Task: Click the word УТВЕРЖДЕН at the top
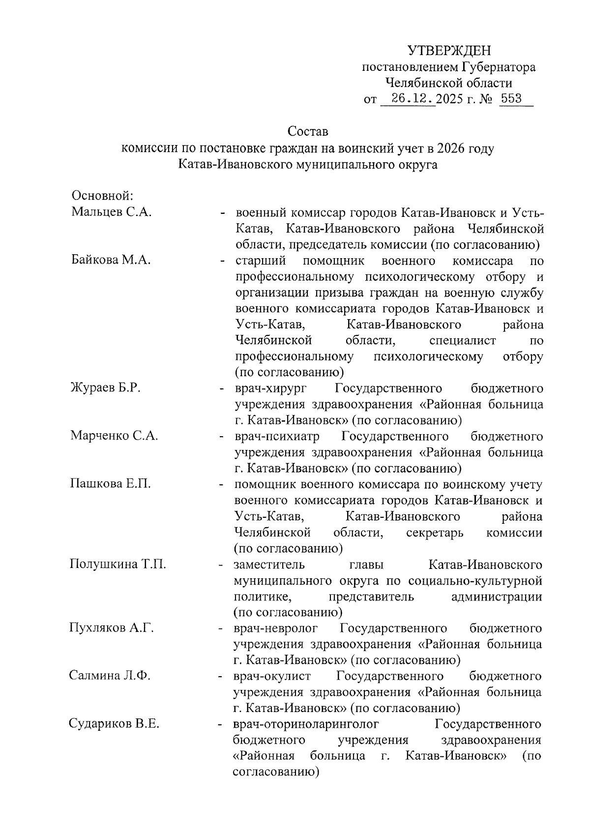tap(449, 51)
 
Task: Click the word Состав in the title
tap(307, 132)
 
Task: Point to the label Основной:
tap(102, 196)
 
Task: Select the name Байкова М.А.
tap(111, 260)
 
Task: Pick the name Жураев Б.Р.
tap(106, 388)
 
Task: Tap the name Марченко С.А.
tap(114, 436)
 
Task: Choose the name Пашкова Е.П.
tap(111, 484)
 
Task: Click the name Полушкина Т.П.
tap(118, 564)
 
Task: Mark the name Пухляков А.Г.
tap(112, 628)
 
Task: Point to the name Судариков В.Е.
tap(114, 724)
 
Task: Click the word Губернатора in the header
tap(499, 67)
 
